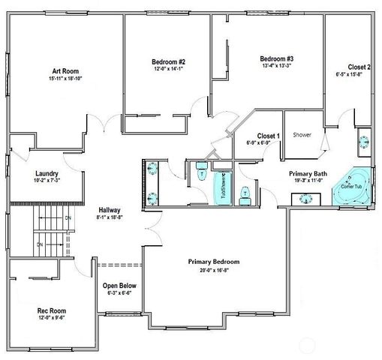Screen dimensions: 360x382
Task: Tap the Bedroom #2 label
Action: pyautogui.click(x=169, y=61)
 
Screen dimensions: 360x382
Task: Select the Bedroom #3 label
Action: pyautogui.click(x=277, y=58)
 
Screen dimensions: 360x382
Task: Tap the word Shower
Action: pyautogui.click(x=302, y=135)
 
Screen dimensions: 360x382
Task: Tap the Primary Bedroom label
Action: pyautogui.click(x=213, y=262)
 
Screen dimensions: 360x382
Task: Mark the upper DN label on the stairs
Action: pyautogui.click(x=68, y=217)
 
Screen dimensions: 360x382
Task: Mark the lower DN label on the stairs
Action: pyautogui.click(x=41, y=244)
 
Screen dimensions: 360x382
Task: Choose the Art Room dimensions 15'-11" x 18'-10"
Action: pyautogui.click(x=62, y=77)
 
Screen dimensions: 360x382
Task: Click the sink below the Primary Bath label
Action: pyautogui.click(x=306, y=199)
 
